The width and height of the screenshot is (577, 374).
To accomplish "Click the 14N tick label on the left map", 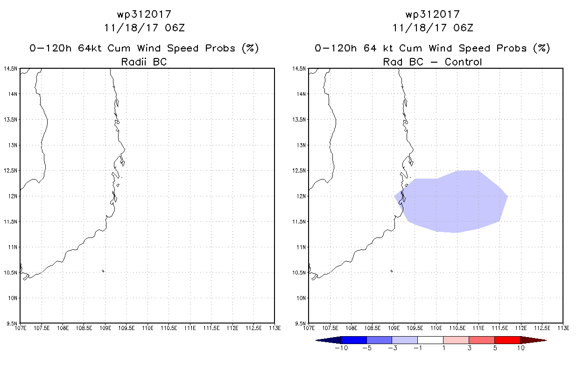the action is tap(13, 94).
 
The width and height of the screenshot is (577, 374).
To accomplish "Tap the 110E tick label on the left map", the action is tap(148, 328).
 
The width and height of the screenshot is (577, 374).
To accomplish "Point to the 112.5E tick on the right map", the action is tap(542, 328).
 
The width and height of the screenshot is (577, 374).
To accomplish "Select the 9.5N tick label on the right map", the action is tap(300, 324).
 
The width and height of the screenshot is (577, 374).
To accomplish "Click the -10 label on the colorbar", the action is tap(341, 348).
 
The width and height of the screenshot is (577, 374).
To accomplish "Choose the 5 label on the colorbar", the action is tap(495, 348).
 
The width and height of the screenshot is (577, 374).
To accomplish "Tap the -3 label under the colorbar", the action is tap(393, 348).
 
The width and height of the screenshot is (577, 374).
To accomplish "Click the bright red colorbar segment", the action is tap(507, 340).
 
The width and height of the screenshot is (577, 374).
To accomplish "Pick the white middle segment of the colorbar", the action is tap(430, 340).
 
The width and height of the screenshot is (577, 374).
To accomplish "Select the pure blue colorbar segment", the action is tap(354, 340).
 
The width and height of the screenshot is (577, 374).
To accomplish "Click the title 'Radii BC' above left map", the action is tap(144, 62).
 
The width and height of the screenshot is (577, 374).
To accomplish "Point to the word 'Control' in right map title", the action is tap(463, 62).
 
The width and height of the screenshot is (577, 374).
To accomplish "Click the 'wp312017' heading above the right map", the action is tap(433, 14).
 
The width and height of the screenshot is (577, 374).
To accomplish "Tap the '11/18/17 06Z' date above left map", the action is tap(144, 28).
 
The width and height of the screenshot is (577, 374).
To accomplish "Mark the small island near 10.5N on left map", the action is tap(103, 271).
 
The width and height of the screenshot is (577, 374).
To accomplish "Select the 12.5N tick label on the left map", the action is tap(11, 171).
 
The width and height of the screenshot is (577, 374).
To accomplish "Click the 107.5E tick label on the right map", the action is tap(330, 328).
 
